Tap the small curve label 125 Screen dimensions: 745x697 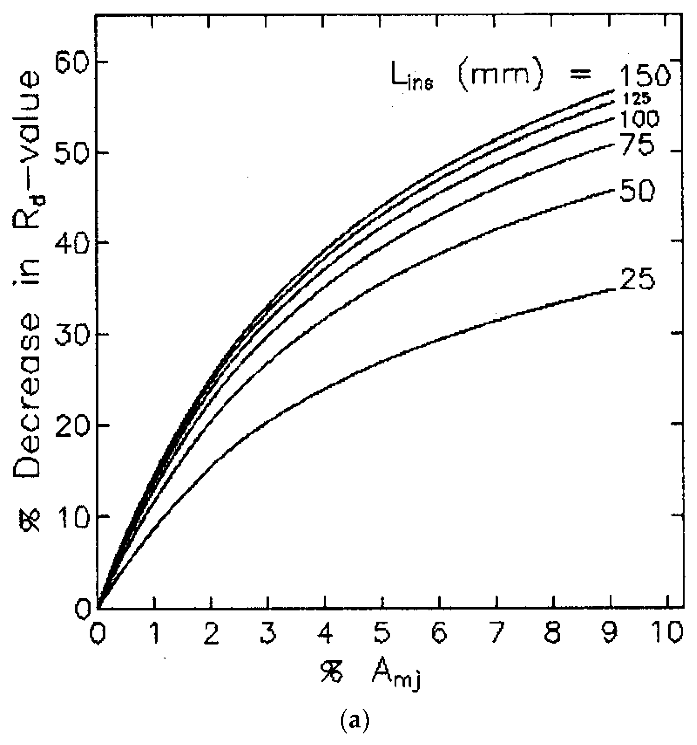(636, 98)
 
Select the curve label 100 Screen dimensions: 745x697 (639, 120)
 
